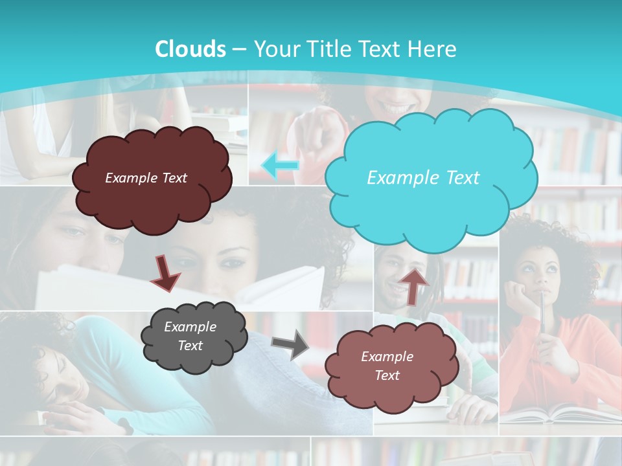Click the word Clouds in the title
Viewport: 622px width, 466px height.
[x=190, y=49]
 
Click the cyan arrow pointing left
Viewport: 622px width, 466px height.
[x=280, y=166]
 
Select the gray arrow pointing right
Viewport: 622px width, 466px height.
[x=290, y=344]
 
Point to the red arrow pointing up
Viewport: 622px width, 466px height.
[x=414, y=286]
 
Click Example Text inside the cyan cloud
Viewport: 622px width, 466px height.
[x=423, y=178]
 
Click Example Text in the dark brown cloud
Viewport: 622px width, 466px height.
[x=146, y=178]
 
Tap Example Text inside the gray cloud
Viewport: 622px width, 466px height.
[x=190, y=337]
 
